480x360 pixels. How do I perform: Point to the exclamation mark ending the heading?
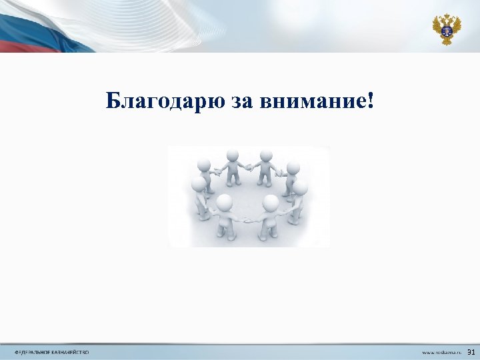(x=371, y=101)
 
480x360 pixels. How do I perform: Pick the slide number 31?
(x=471, y=351)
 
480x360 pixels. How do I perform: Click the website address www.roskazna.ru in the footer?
(x=440, y=352)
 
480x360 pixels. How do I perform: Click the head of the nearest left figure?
(x=225, y=202)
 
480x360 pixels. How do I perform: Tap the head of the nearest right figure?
(x=271, y=202)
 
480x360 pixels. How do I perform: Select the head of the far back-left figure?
(x=232, y=156)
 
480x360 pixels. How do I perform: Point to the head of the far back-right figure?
(x=267, y=156)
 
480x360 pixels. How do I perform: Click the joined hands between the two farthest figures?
(x=249, y=167)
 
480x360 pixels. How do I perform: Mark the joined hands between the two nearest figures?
(x=247, y=219)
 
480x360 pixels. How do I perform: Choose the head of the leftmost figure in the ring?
(x=199, y=183)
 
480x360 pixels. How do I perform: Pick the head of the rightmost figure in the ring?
(x=300, y=187)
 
